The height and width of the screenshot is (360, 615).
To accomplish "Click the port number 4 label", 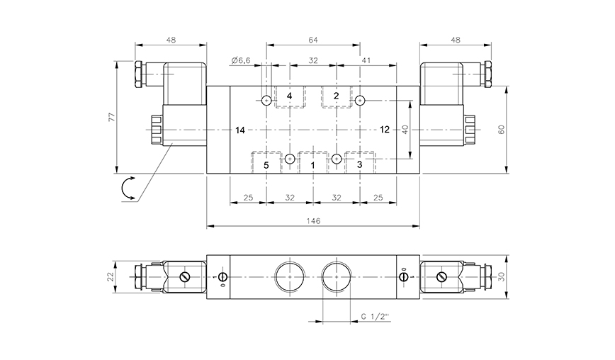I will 289,96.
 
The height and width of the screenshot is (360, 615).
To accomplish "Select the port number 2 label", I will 337,96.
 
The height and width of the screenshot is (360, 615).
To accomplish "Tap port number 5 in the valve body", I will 266,165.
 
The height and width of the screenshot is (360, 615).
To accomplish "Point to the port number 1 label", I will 312,165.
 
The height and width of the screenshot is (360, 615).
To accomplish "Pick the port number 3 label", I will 360,165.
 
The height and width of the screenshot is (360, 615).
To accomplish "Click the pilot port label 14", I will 240,130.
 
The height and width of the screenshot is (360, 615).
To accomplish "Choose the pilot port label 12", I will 385,130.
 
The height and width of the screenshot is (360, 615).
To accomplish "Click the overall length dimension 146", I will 313,221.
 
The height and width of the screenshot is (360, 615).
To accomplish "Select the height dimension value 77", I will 110,117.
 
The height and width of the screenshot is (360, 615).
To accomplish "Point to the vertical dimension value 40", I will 405,130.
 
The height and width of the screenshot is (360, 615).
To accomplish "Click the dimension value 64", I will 313,40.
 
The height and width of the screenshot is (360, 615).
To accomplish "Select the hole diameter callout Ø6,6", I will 241,61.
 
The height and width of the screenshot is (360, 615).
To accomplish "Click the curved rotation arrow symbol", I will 128,189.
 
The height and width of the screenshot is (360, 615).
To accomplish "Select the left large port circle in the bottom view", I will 289,276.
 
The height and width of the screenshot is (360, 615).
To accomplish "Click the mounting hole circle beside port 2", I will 360,101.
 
